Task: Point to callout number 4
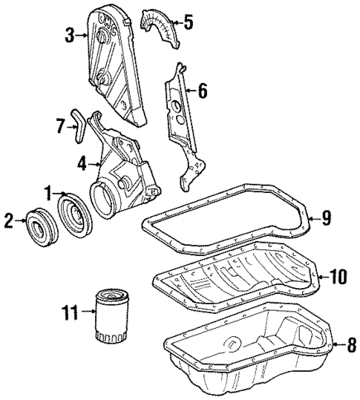click(80, 160)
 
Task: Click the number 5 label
click(189, 22)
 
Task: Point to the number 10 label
click(338, 277)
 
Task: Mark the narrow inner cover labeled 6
click(181, 119)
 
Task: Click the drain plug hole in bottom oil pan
click(234, 344)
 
